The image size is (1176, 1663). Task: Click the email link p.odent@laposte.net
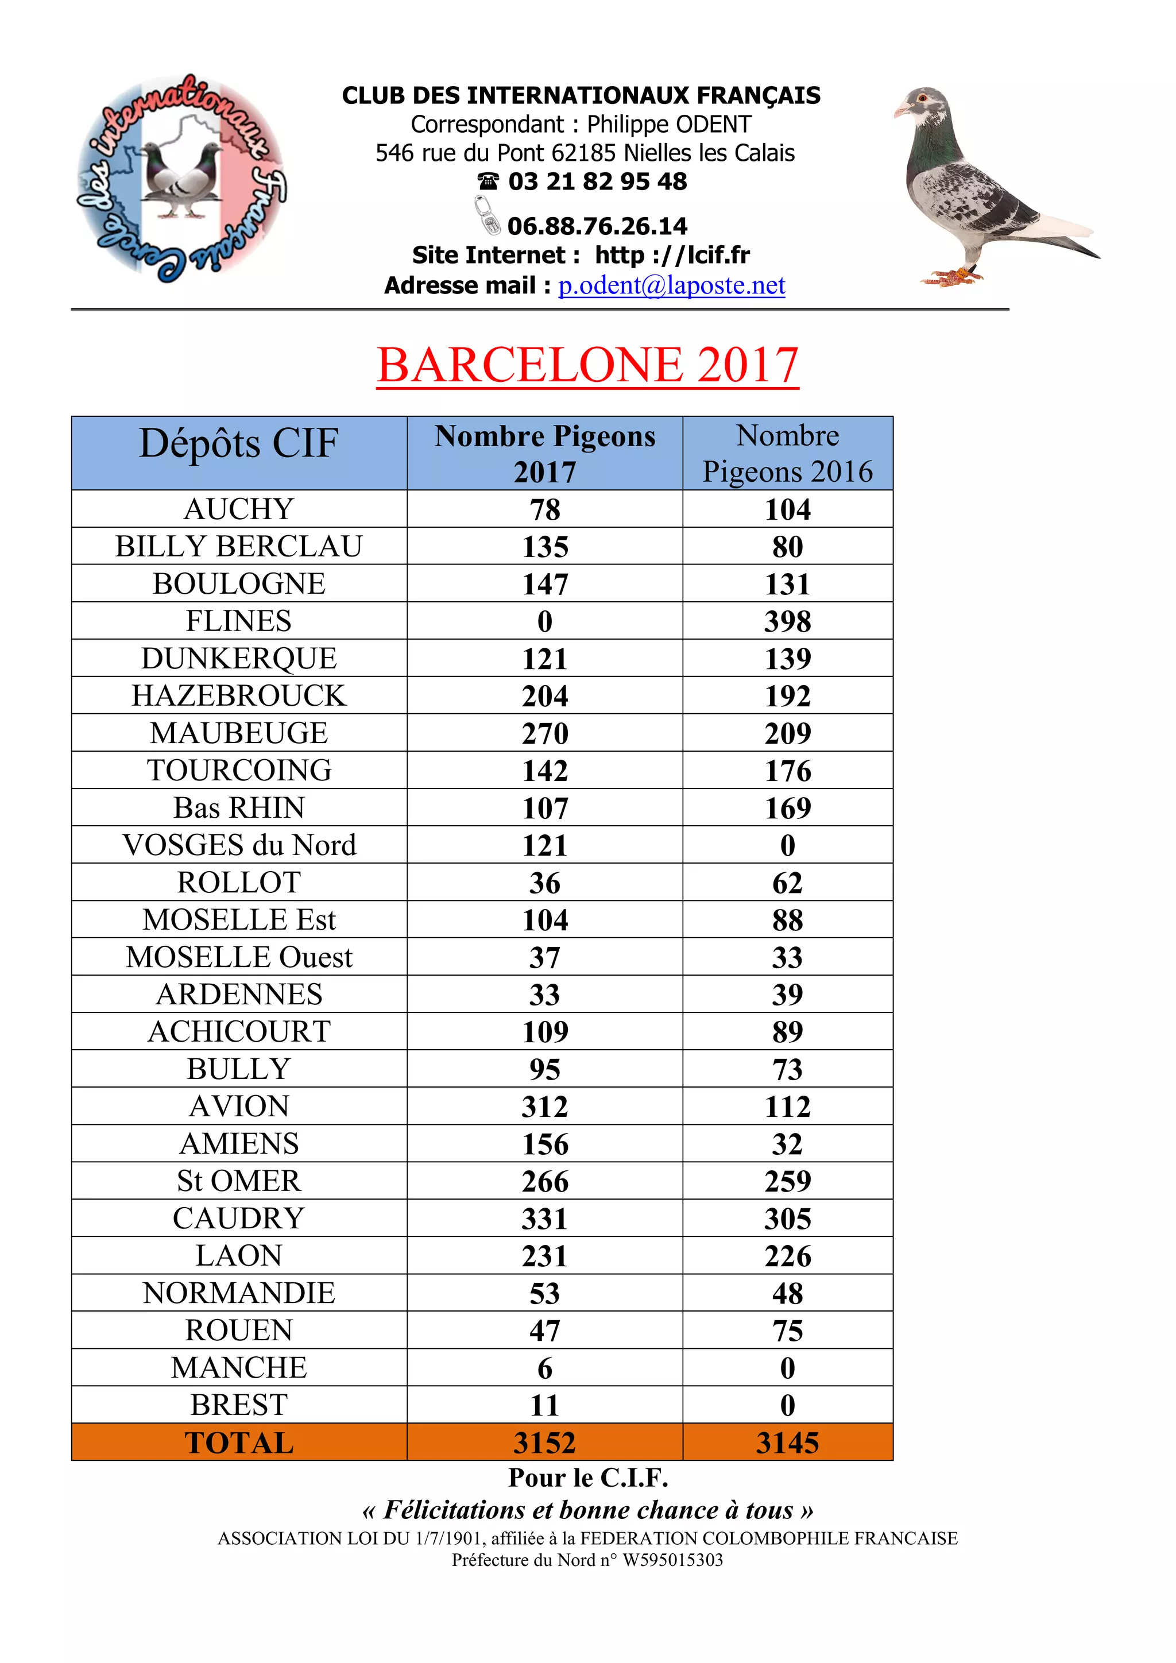click(x=671, y=285)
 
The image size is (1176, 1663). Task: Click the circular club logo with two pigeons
click(x=181, y=178)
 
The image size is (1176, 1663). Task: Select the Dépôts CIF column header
click(x=239, y=443)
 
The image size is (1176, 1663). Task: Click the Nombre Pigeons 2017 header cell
click(x=544, y=454)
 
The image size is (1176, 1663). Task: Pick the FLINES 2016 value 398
click(x=787, y=621)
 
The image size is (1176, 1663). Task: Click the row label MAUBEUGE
click(x=239, y=733)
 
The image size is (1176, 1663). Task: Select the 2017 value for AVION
click(x=544, y=1107)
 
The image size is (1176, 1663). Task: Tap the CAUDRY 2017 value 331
click(x=544, y=1219)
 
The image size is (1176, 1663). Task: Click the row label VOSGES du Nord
click(x=239, y=845)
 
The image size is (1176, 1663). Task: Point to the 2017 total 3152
click(x=544, y=1443)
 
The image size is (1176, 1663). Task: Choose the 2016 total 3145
click(x=787, y=1443)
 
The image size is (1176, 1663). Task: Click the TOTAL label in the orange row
click(x=239, y=1443)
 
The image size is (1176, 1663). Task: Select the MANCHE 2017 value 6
click(x=544, y=1368)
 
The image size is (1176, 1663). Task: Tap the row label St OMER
click(x=239, y=1181)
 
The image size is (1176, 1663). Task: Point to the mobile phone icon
click(x=488, y=215)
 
